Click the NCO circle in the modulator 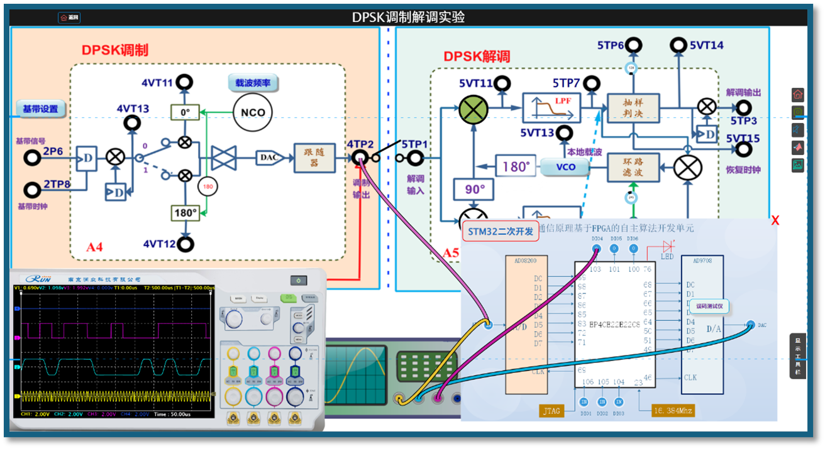pos(253,112)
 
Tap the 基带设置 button pos(40,109)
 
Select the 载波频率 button pos(253,82)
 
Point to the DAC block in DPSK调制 pos(269,158)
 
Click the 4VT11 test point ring pos(184,82)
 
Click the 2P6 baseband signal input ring pos(32,158)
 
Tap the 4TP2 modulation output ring pos(360,158)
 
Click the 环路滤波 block pos(633,168)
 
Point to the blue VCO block pos(565,167)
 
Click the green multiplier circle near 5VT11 pos(473,109)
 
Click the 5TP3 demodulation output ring pos(744,107)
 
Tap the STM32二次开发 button pos(501,232)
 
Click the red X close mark pos(775,220)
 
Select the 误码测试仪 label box pos(709,306)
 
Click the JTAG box pos(551,411)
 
